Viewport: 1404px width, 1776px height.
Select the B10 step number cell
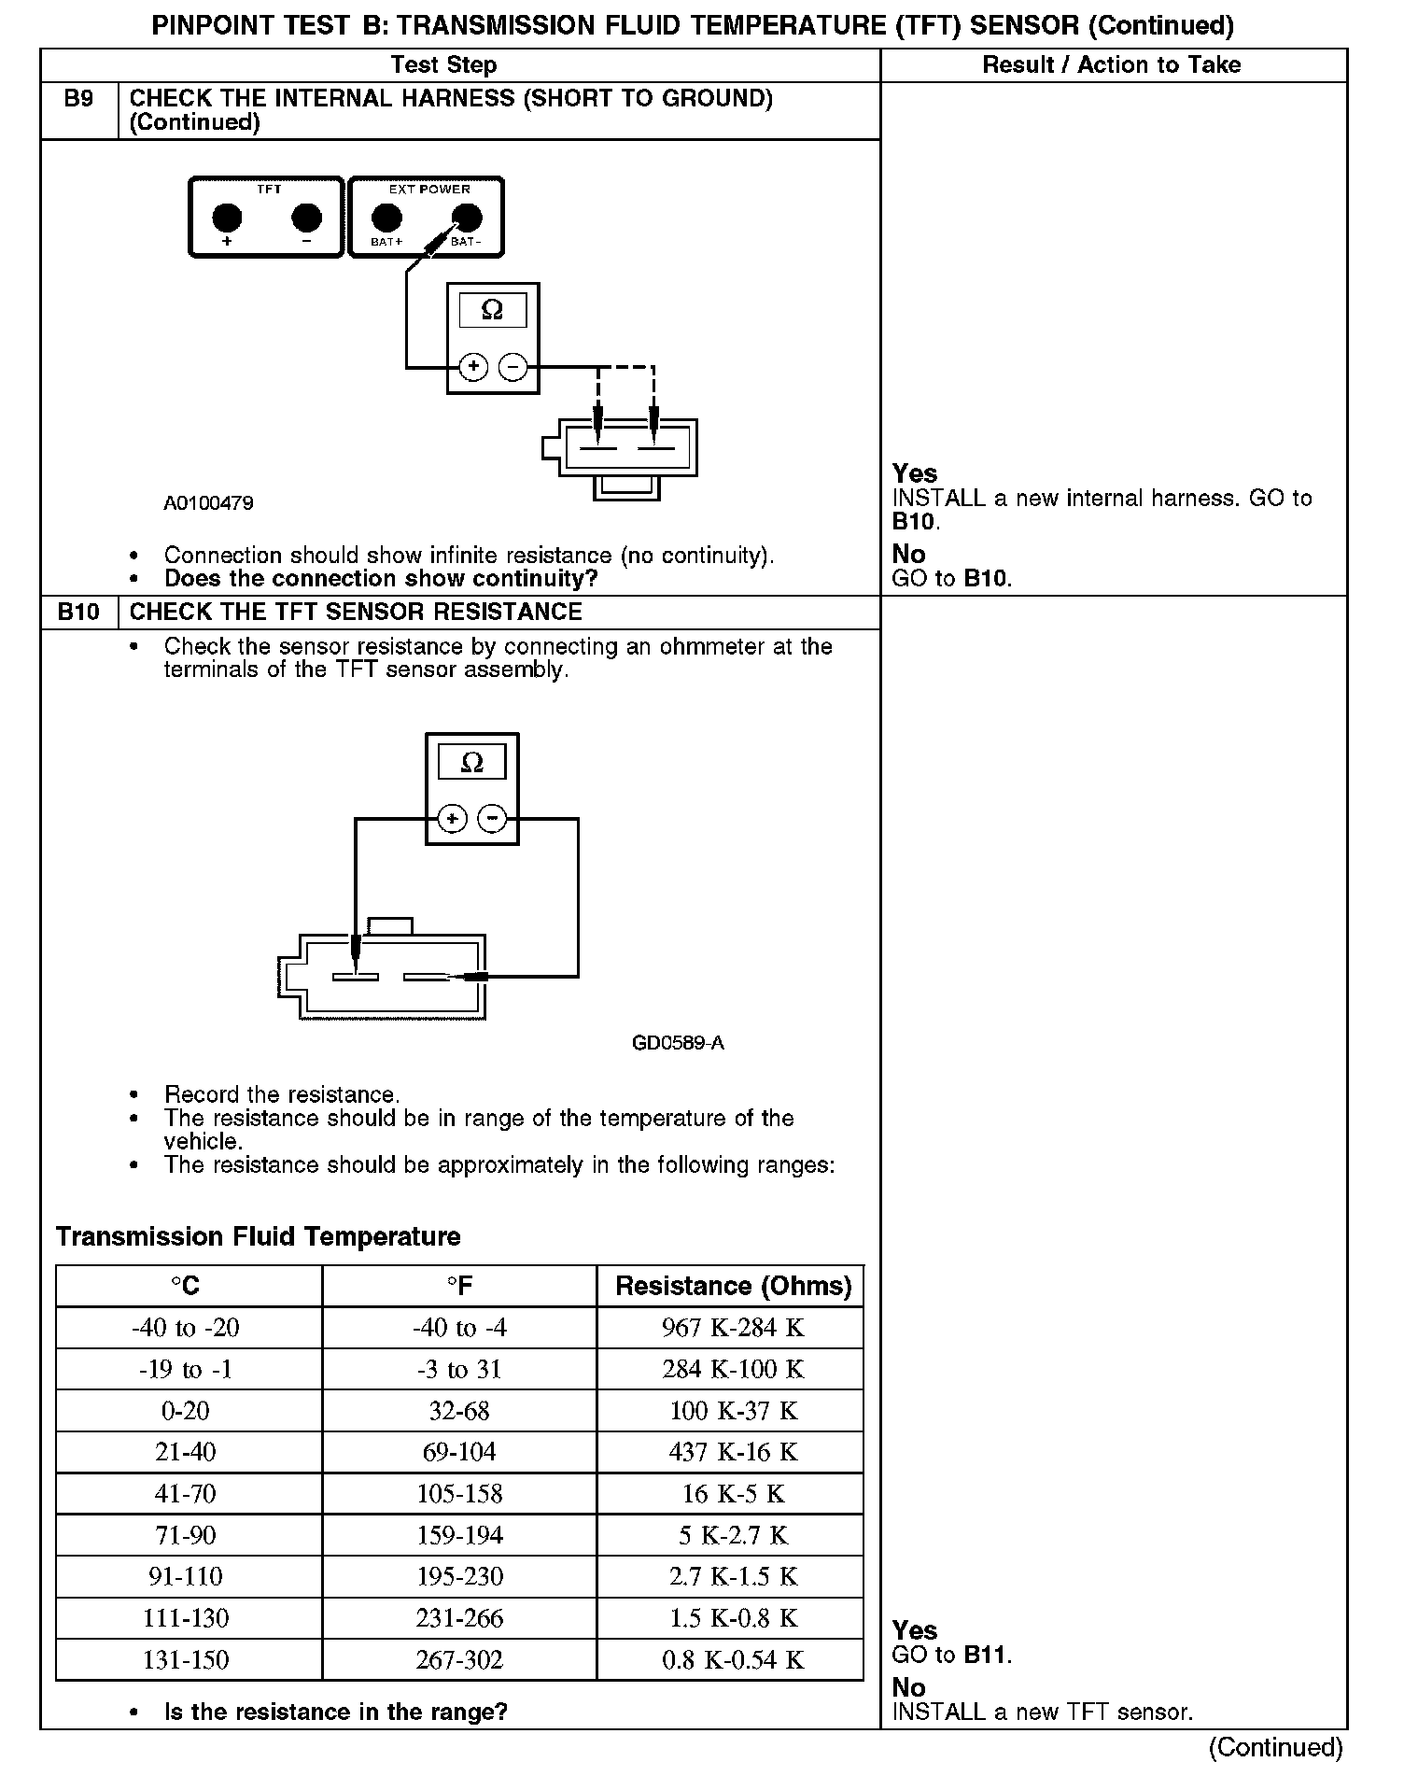tap(78, 613)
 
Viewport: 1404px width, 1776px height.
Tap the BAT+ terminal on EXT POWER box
tap(386, 218)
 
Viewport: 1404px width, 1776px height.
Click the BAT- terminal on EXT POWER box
tap(467, 218)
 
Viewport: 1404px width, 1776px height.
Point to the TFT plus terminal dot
tap(227, 218)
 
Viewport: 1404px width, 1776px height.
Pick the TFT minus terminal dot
tap(307, 218)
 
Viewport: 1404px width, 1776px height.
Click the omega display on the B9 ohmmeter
tap(492, 310)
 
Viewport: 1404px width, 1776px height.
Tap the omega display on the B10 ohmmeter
tap(471, 762)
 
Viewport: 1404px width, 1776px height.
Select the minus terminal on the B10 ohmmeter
tap(492, 819)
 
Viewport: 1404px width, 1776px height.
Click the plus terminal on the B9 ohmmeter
tap(474, 366)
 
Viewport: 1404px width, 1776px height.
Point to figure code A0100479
tap(208, 503)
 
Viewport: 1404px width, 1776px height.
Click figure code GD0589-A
tap(678, 1043)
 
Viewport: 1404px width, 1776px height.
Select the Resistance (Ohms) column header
tap(733, 1286)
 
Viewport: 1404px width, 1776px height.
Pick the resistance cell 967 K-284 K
tap(733, 1327)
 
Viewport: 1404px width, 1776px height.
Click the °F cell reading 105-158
tap(459, 1493)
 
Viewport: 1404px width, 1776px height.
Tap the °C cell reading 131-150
tap(186, 1659)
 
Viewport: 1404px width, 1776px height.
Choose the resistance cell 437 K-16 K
tap(733, 1451)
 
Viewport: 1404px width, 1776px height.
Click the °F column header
tap(459, 1286)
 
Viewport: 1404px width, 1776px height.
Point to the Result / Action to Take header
tap(1112, 64)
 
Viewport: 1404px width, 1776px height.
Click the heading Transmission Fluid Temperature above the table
tap(259, 1236)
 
